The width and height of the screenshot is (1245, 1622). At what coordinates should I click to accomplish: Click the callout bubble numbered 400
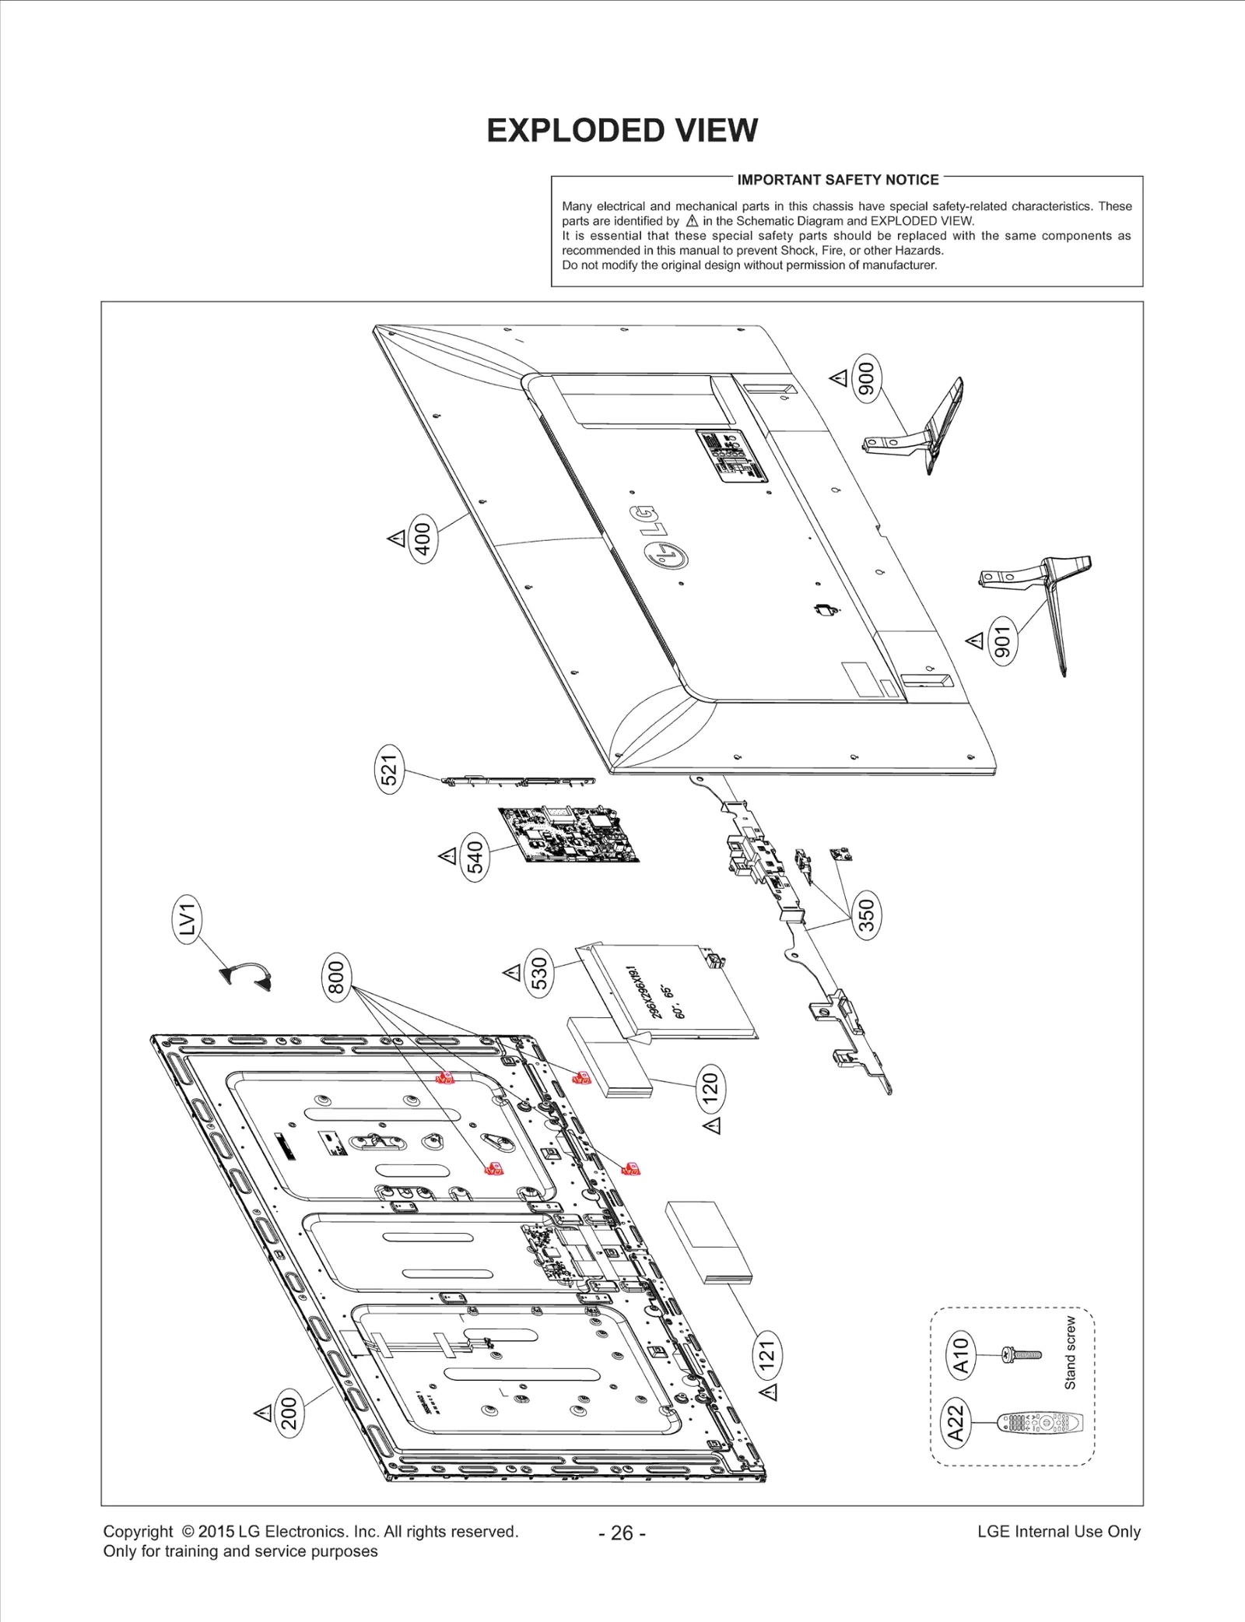423,538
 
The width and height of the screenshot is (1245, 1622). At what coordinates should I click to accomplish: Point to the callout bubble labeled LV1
186,919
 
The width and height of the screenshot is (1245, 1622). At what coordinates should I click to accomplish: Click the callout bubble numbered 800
336,978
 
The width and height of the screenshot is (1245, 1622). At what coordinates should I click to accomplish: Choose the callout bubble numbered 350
866,915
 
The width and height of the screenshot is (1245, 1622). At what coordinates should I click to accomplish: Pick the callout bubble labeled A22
956,1424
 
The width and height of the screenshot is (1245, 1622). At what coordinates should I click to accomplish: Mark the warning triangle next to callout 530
511,972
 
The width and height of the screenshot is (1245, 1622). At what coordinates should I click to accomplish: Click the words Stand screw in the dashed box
1071,1353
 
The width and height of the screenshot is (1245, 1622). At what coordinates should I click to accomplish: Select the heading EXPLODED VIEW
622,131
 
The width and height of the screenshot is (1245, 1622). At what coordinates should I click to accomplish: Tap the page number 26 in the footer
622,1532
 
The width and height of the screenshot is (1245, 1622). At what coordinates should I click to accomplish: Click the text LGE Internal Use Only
1058,1532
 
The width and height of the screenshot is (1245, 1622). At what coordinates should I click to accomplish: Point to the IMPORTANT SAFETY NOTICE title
837,180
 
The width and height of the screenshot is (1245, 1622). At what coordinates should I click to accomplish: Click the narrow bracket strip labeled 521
517,781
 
